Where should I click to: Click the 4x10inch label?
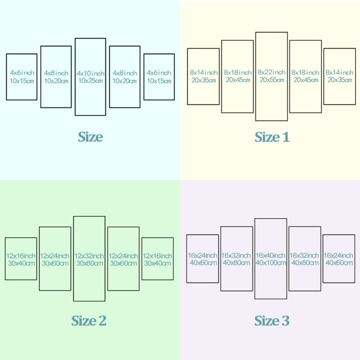coord(90,73)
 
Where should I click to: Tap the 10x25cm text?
coord(90,81)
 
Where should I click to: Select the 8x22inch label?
coord(271,72)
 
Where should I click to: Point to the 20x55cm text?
coord(272,80)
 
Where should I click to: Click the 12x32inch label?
coord(89,256)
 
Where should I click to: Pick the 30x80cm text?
coord(90,263)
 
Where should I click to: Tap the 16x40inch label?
coord(270,255)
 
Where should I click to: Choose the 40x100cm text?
coord(271,263)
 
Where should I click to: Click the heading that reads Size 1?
coord(272,137)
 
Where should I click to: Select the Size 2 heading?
coord(89,320)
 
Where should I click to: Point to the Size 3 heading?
coord(272,320)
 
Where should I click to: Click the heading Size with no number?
coord(90,137)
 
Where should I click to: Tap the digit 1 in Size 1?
coord(286,137)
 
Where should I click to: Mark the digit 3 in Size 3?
coord(286,321)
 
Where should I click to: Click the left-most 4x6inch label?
coord(22,73)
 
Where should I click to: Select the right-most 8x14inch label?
coord(339,72)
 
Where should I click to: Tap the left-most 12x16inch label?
coord(21,256)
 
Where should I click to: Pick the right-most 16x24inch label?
coord(338,255)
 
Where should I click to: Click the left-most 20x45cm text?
coord(238,80)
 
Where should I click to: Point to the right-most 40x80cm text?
coord(305,263)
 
